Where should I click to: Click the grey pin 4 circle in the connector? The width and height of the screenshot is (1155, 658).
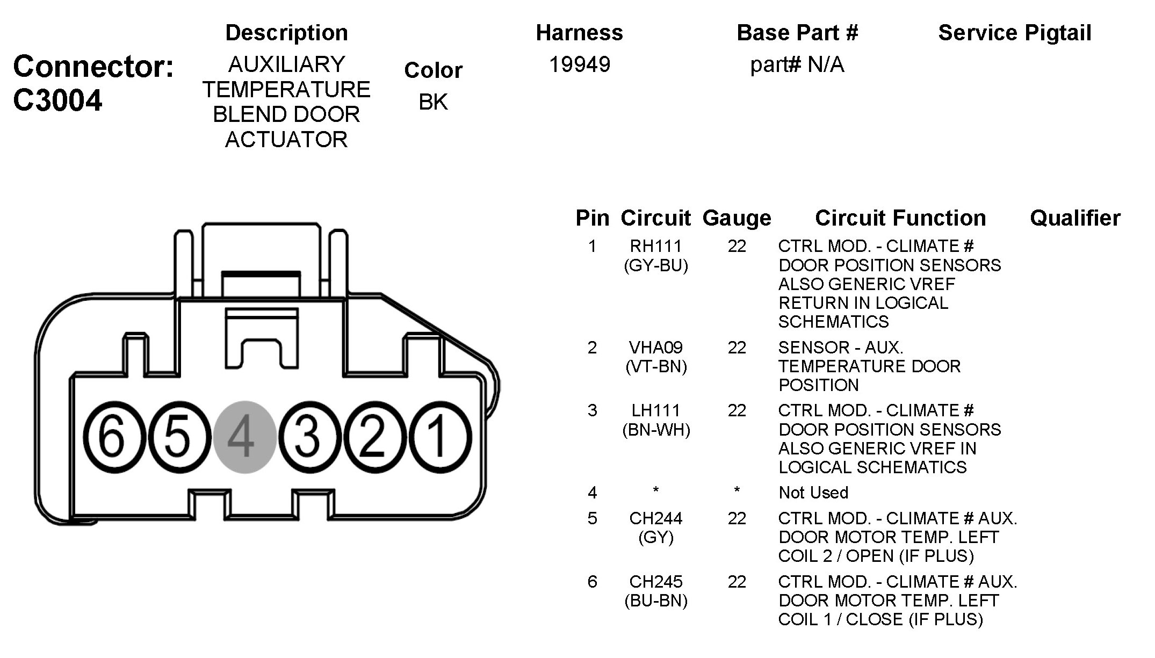245,437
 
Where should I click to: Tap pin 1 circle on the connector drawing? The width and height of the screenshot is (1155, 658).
440,437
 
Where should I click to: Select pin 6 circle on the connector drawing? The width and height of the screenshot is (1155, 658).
114,437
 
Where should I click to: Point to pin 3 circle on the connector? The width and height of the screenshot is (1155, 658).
310,437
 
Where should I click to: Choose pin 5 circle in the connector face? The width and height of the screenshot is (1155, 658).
179,437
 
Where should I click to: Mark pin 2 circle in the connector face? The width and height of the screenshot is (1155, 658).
375,437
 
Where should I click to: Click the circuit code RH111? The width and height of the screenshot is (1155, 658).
656,246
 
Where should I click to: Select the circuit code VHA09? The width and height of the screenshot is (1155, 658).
656,348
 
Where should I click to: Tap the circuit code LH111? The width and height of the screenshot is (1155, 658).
656,410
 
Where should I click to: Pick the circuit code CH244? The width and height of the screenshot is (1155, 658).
656,518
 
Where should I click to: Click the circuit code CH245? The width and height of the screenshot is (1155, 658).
656,581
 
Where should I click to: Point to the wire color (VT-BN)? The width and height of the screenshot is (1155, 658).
656,367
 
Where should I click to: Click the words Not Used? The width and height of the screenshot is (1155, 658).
813,493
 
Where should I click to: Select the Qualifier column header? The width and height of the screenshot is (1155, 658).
1075,218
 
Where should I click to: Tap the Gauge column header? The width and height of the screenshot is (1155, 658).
737,218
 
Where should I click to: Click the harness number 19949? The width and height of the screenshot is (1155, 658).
580,64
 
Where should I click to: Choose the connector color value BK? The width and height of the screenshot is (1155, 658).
433,102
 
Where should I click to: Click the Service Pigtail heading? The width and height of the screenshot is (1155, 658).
1015,33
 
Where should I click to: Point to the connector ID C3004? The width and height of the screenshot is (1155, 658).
57,100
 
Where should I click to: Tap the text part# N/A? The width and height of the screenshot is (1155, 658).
797,65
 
